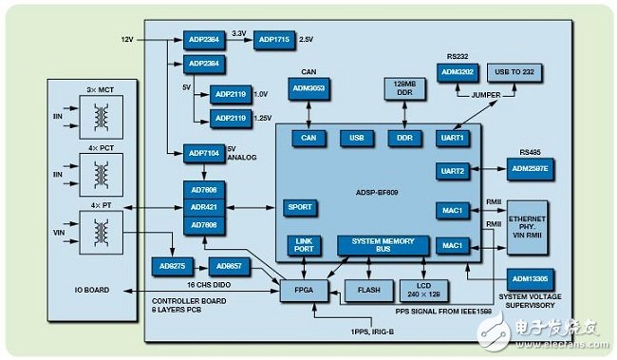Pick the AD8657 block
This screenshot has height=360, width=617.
pyautogui.click(x=233, y=266)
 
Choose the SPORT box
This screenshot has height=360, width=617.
pyautogui.click(x=300, y=206)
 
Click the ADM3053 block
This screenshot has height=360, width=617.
pyautogui.click(x=308, y=88)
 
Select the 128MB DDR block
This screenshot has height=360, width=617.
pyautogui.click(x=402, y=88)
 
